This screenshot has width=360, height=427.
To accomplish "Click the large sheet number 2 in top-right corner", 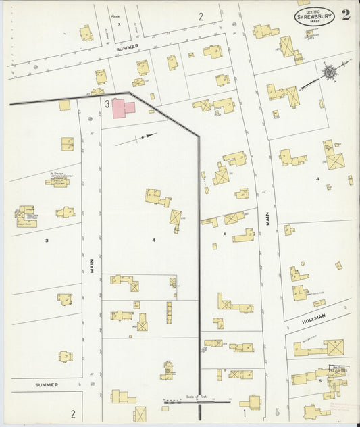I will coord(346,16).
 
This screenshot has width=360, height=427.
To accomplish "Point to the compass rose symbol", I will coord(330,71).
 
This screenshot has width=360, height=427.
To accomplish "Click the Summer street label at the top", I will coord(127,47).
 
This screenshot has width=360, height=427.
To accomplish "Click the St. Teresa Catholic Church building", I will coord(59,181).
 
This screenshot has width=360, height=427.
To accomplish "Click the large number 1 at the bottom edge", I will coord(244,411).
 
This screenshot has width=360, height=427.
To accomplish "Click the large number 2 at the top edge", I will coord(201,16).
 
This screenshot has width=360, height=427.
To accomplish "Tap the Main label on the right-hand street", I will coord(267,220).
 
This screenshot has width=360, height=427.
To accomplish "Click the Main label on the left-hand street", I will coord(91,260).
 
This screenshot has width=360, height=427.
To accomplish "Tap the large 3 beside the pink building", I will coord(107,103).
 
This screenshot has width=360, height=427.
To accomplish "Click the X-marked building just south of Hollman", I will coord(333,347).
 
